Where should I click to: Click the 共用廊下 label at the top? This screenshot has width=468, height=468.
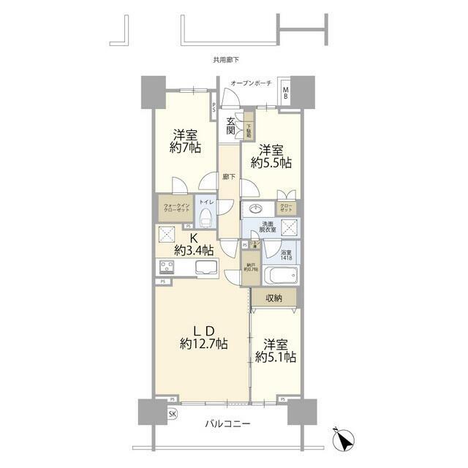pos(226,60)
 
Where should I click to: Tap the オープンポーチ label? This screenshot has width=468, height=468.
pos(251,84)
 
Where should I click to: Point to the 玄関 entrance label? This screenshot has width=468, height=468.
pos(230,126)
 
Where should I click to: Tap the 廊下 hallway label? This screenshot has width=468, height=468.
pos(227,178)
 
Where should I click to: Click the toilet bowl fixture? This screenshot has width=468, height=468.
pos(205,216)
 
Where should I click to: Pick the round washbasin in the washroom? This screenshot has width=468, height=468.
pos(257,208)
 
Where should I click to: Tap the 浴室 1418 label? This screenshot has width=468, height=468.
pos(287,254)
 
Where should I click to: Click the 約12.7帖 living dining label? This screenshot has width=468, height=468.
pos(203,342)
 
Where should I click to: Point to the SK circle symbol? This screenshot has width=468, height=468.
pos(173,415)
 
